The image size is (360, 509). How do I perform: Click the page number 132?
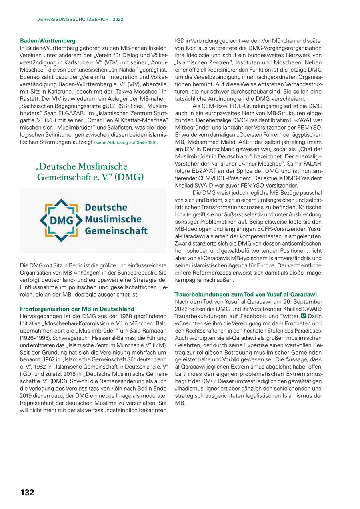coord(27,493)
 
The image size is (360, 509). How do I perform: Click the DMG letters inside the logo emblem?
coord(61,220)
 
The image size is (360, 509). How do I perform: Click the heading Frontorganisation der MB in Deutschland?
coord(77,309)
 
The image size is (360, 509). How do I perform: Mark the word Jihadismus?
coord(189,388)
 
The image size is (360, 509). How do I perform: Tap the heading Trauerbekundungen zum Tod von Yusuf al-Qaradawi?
coord(246,294)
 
